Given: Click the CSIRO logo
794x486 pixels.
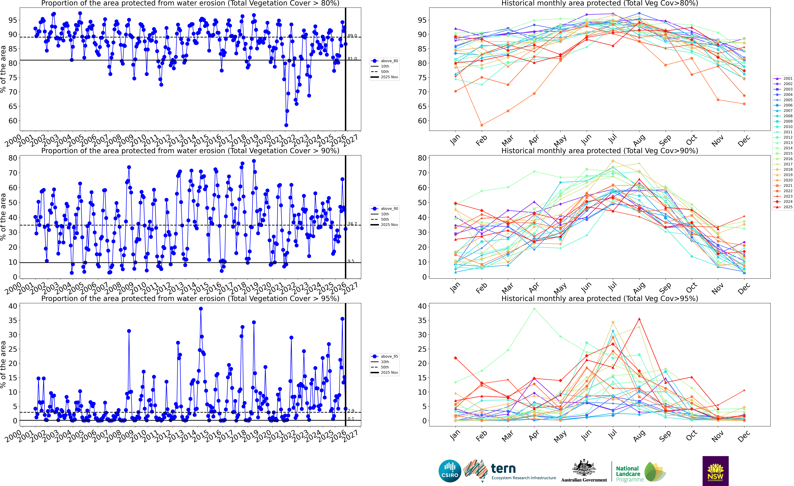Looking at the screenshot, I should pyautogui.click(x=450, y=471).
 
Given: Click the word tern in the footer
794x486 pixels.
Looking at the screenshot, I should pyautogui.click(x=503, y=468).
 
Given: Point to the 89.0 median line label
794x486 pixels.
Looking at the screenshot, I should pyautogui.click(x=352, y=36).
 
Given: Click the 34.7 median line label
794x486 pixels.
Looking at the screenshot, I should pyautogui.click(x=352, y=224).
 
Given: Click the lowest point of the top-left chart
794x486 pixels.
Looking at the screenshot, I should pyautogui.click(x=286, y=125).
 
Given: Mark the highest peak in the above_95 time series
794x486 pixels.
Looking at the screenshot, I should pyautogui.click(x=201, y=309).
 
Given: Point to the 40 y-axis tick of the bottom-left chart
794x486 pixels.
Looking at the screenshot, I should pyautogui.click(x=13, y=306).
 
